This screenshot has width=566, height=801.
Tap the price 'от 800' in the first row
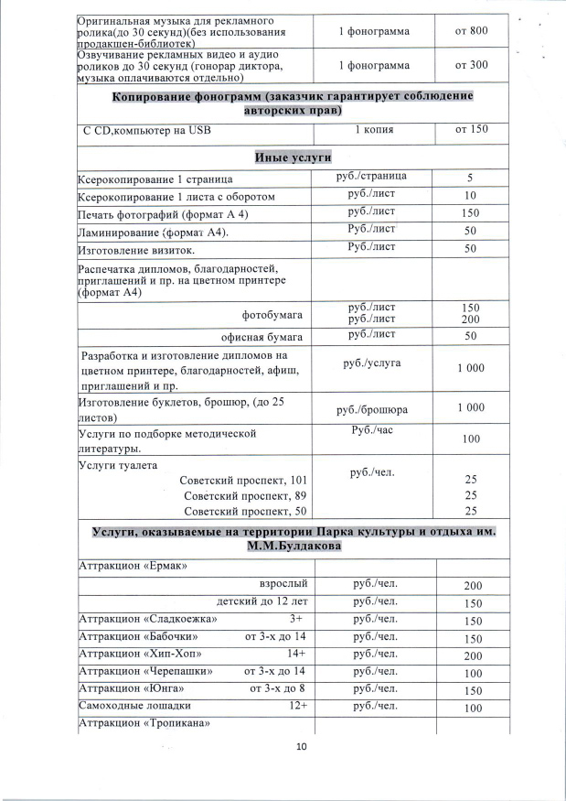click(472, 32)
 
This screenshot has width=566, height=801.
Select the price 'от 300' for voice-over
click(472, 66)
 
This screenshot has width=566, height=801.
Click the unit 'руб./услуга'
click(372, 363)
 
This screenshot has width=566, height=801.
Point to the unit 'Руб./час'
click(372, 429)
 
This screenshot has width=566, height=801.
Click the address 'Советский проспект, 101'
click(243, 480)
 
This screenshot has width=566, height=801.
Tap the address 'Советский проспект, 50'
click(246, 511)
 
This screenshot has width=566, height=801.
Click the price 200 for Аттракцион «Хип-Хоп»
click(472, 655)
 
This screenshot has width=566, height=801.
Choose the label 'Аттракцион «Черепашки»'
click(147, 672)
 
